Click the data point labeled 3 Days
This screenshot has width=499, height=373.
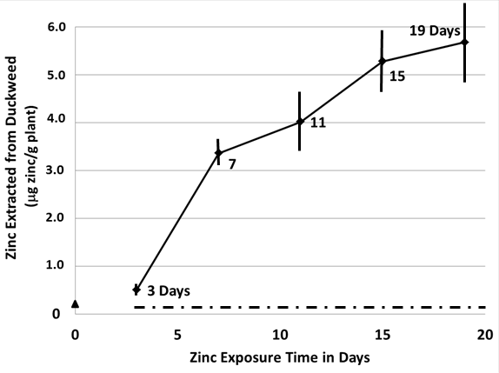pyautogui.click(x=136, y=289)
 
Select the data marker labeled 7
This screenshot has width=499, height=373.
pyautogui.click(x=218, y=153)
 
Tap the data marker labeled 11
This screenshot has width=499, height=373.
pyautogui.click(x=300, y=122)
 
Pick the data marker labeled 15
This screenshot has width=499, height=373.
pyautogui.click(x=382, y=61)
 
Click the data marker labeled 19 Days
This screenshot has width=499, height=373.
pyautogui.click(x=464, y=42)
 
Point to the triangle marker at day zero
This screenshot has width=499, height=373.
pyautogui.click(x=76, y=303)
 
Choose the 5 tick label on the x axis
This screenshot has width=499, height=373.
pyautogui.click(x=177, y=334)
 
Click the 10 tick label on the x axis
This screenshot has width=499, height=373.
pyautogui.click(x=280, y=334)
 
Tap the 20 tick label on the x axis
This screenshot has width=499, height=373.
pyautogui.click(x=485, y=334)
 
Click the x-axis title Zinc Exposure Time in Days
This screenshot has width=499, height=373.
pyautogui.click(x=280, y=357)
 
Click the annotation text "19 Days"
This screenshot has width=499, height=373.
pyautogui.click(x=434, y=31)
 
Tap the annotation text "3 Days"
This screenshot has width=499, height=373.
pyautogui.click(x=169, y=290)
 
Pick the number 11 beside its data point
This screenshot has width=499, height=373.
pyautogui.click(x=318, y=123)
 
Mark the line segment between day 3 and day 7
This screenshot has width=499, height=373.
pyautogui.click(x=177, y=221)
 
